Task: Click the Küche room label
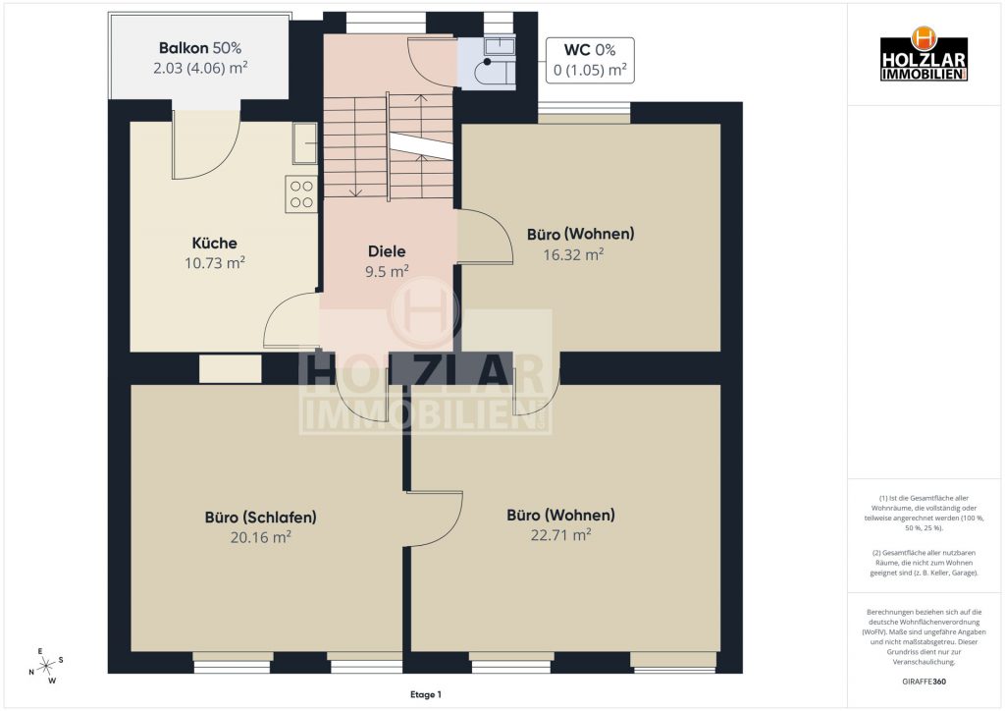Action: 214,243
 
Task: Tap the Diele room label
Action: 387,251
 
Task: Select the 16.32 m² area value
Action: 573,254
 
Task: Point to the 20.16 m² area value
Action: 261,536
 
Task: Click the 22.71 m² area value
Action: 560,534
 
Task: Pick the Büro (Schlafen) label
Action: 261,517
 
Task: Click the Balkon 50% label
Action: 200,47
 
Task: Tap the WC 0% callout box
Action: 590,60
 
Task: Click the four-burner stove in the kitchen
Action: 301,193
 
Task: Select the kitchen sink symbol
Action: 305,142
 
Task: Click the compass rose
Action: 46,666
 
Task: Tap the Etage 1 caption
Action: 426,694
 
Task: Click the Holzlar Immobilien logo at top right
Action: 924,54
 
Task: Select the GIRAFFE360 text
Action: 924,682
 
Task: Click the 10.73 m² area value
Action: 215,263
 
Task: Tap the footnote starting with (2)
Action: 924,563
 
